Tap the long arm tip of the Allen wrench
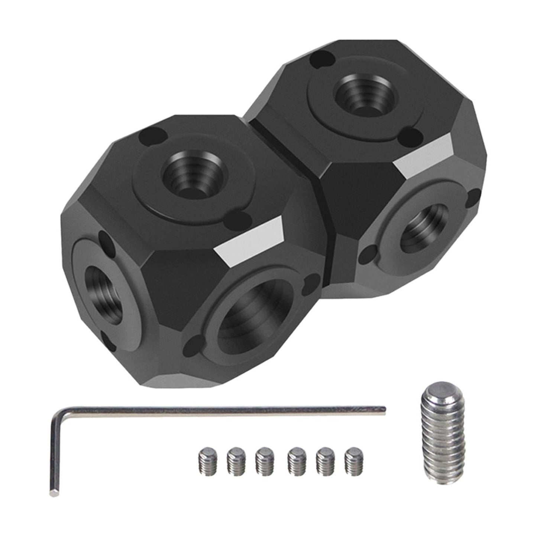383,409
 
